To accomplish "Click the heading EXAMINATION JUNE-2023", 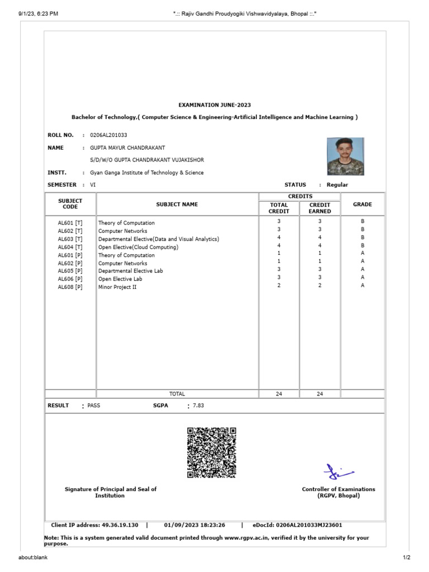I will pos(215,104).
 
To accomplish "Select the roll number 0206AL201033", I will pos(108,135).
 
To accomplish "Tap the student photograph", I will pos(345,156).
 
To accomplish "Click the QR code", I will pos(212,452).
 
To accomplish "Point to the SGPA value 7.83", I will pos(198,406).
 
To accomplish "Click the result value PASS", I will pos(94,406).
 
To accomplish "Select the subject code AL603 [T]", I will pos(70,239).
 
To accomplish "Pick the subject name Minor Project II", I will pos(117,287).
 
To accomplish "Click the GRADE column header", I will pos(362,204).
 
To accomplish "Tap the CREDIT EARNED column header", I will pos(320,208).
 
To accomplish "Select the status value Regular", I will pos(337,185).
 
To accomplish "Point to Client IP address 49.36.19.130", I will pos(94,525).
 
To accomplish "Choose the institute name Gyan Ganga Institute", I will pos(147,173).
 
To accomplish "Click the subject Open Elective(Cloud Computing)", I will pos(139,247).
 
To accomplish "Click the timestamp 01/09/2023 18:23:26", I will pos(194,525).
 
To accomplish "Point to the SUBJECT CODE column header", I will pos(70,204).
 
